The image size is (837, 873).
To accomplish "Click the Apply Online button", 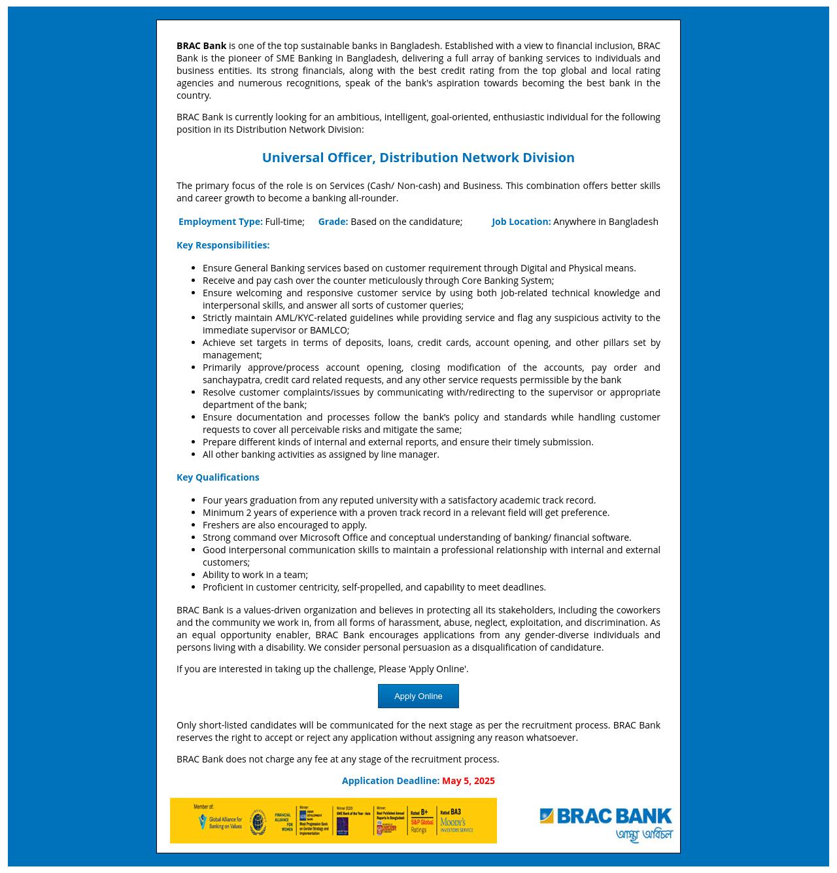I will (x=418, y=696).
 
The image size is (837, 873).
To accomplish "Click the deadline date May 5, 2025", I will (x=468, y=781).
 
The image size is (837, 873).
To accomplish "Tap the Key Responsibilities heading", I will (x=223, y=245).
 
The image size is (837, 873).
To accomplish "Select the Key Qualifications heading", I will (x=218, y=477).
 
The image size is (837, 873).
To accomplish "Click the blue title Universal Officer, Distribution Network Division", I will (x=418, y=158).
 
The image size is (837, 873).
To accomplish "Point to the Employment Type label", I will (x=220, y=222).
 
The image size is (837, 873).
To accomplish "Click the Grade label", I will (x=333, y=222).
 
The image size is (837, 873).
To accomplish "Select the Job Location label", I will (x=521, y=222).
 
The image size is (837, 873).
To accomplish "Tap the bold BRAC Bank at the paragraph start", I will (x=201, y=46).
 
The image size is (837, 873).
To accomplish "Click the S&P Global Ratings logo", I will (x=422, y=822).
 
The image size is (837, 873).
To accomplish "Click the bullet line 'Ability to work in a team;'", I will (x=255, y=575).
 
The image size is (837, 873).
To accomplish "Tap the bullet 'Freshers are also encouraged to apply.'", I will (x=284, y=525).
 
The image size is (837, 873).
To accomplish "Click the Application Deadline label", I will (x=390, y=781).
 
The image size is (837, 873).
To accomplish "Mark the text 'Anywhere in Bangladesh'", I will (x=606, y=222).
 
